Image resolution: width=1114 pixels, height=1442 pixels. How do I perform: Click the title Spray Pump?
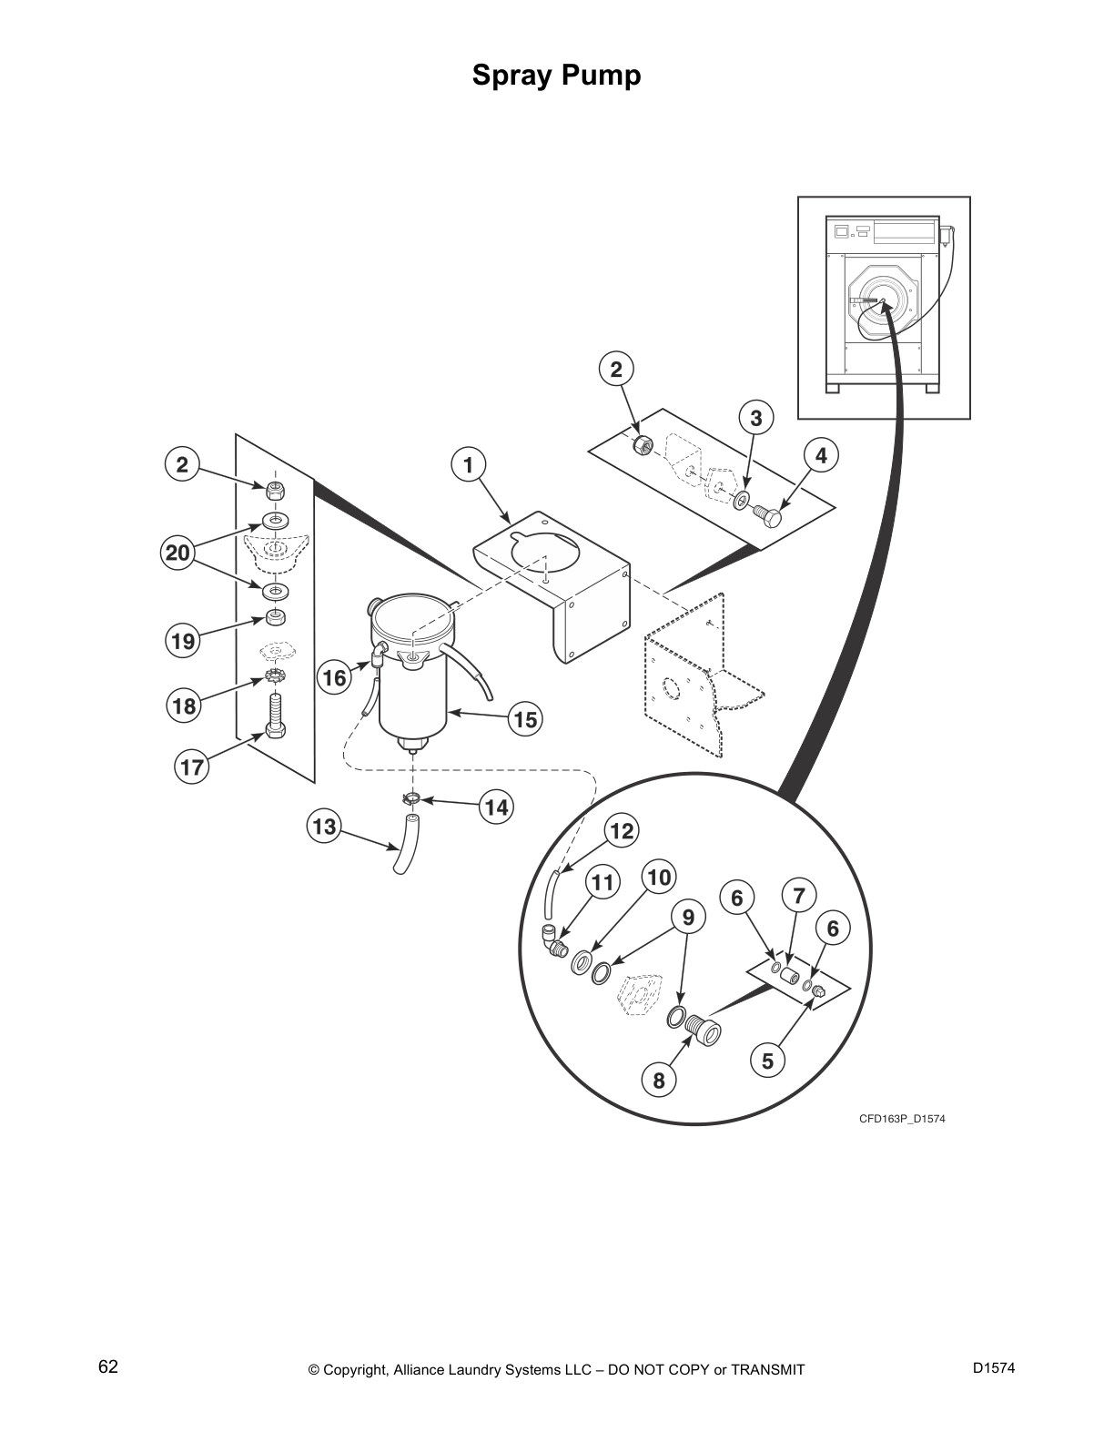click(556, 76)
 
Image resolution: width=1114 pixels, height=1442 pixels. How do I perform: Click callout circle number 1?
click(468, 466)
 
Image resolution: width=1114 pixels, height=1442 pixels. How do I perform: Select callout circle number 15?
click(524, 720)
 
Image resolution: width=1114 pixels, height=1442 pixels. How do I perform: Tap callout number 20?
click(178, 553)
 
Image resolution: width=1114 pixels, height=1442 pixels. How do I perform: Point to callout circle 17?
click(192, 767)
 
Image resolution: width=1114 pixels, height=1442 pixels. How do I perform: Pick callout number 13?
click(324, 827)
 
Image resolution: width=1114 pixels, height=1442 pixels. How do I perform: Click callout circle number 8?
click(659, 1081)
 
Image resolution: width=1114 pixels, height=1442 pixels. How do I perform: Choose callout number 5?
click(768, 1061)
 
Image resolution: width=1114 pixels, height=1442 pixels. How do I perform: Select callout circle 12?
click(621, 830)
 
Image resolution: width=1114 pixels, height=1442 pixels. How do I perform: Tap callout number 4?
click(822, 455)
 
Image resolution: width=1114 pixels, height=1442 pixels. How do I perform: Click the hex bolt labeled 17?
click(276, 715)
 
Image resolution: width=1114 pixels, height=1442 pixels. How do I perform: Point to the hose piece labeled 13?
click(405, 847)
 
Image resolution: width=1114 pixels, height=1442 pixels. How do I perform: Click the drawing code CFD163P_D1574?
click(902, 1119)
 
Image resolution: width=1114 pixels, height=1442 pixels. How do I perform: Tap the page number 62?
click(108, 1366)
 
